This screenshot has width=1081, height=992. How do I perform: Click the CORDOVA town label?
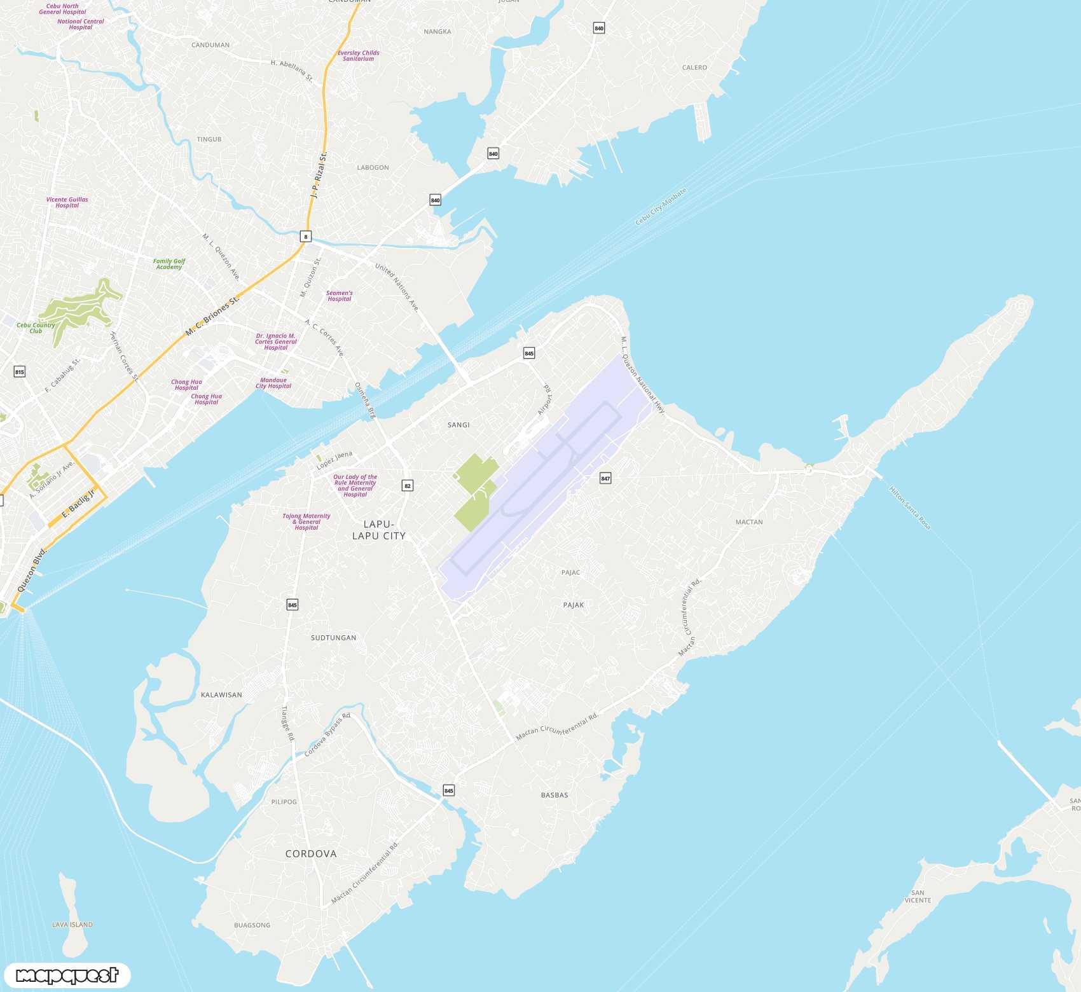(x=311, y=854)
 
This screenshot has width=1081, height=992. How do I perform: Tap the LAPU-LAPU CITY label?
(x=379, y=530)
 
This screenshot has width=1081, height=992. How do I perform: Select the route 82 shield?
(x=408, y=486)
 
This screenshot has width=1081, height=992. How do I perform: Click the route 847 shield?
(x=605, y=478)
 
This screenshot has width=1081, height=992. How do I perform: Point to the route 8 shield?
(x=306, y=237)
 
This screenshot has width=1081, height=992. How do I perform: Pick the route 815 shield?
(x=20, y=372)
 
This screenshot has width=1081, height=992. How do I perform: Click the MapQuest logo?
(x=67, y=975)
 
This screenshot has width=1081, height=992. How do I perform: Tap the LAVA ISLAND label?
(x=72, y=925)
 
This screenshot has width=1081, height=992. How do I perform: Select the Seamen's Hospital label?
(x=340, y=296)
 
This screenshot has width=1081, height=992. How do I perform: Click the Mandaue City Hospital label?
(x=273, y=383)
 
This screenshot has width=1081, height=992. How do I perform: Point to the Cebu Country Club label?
(x=36, y=328)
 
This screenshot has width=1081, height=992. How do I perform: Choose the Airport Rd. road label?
(x=545, y=399)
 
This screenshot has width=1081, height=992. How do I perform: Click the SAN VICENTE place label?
(x=918, y=897)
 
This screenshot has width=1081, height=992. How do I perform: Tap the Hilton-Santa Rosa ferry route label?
(x=909, y=508)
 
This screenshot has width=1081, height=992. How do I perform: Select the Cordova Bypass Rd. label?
(x=327, y=735)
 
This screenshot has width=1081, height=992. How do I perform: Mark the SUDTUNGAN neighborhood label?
(x=334, y=638)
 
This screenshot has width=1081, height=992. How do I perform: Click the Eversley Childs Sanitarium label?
(x=359, y=56)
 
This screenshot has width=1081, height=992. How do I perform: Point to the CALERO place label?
(x=694, y=67)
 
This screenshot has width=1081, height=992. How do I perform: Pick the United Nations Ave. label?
(x=397, y=287)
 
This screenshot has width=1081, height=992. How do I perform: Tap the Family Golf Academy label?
(x=169, y=264)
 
